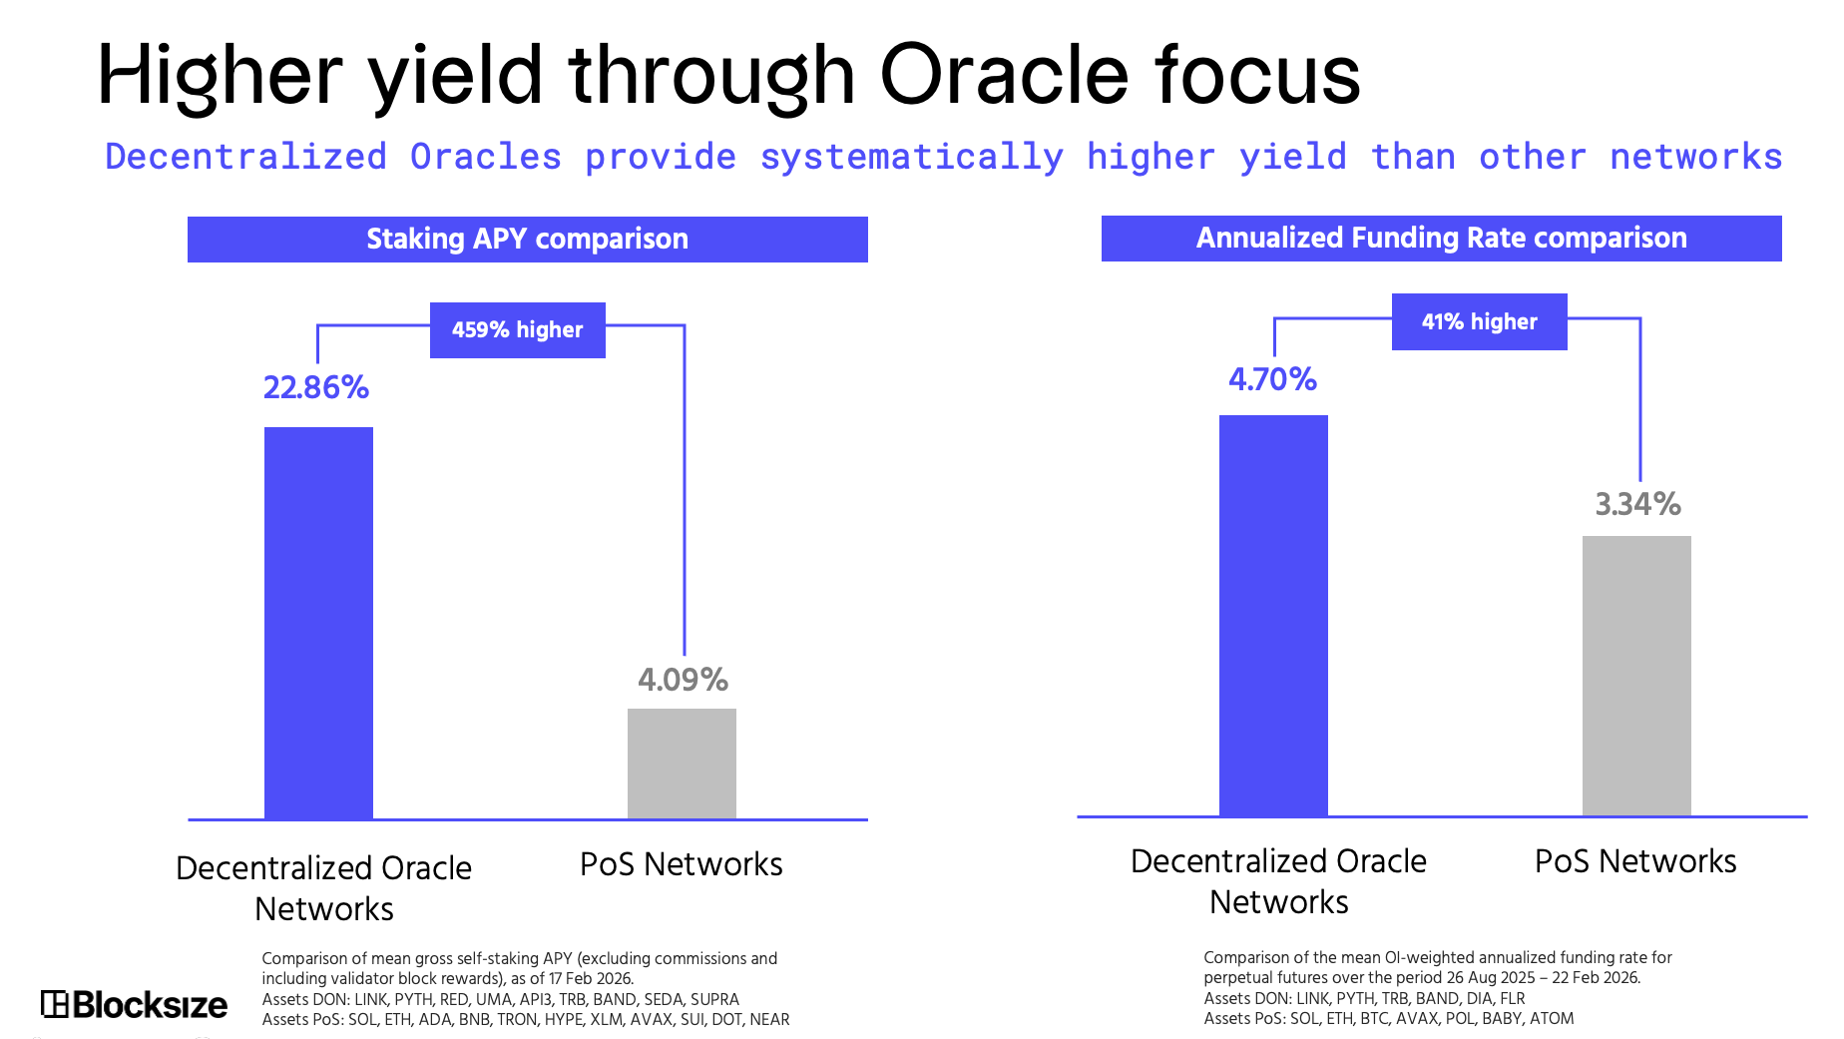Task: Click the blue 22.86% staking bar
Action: coord(318,623)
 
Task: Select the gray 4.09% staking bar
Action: coord(682,764)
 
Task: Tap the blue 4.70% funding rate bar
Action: coord(1273,616)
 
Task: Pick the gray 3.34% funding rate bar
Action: coord(1636,676)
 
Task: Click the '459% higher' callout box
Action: coord(518,330)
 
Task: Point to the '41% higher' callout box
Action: coord(1480,321)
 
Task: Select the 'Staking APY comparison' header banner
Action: coord(528,240)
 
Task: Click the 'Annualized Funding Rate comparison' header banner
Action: coord(1442,239)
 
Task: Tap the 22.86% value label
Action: coord(316,387)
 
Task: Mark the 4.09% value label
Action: coord(684,680)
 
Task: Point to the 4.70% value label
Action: coord(1273,379)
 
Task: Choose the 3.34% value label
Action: coord(1638,504)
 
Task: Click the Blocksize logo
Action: coord(135,1004)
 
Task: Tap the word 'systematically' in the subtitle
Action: coord(912,158)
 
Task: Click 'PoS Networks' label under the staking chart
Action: coord(682,864)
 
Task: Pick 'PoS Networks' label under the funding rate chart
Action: coord(1635,861)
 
